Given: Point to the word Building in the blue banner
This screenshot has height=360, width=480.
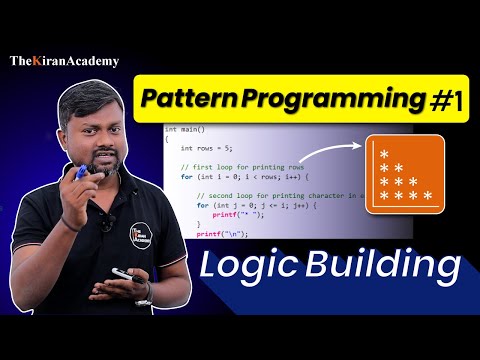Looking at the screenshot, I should click(x=385, y=268).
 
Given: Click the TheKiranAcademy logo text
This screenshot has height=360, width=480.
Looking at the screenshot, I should click(x=64, y=62).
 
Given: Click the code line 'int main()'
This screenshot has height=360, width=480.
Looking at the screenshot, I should click(x=184, y=129).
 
